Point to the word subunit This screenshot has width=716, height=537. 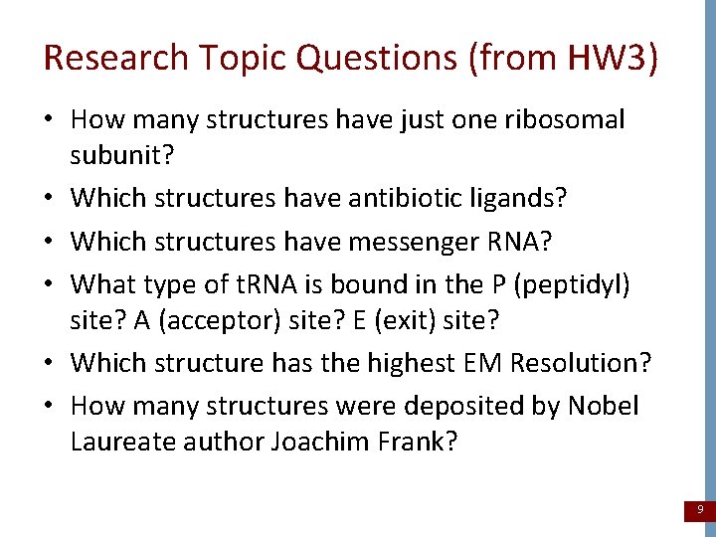(x=114, y=155)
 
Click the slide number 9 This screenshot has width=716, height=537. (x=700, y=510)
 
